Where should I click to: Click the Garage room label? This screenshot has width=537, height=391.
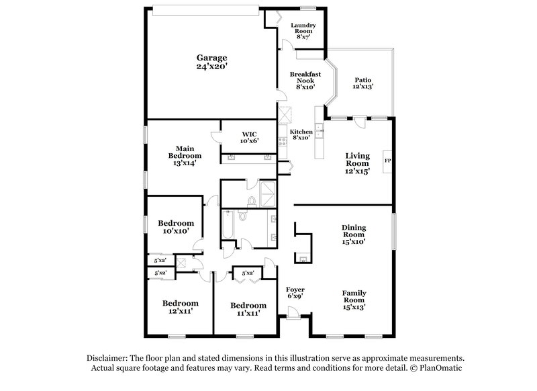pyautogui.click(x=211, y=62)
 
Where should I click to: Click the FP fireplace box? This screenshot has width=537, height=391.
pyautogui.click(x=387, y=161)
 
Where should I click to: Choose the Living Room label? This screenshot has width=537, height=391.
pyautogui.click(x=357, y=163)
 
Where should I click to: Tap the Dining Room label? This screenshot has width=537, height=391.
pyautogui.click(x=353, y=233)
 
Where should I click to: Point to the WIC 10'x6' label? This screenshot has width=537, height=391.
pyautogui.click(x=250, y=137)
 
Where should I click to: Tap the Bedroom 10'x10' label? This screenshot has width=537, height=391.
pyautogui.click(x=176, y=226)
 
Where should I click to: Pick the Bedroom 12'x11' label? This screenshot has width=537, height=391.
pyautogui.click(x=179, y=307)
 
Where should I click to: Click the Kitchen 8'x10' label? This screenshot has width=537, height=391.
pyautogui.click(x=300, y=134)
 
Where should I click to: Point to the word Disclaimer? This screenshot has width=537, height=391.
pyautogui.click(x=107, y=358)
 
